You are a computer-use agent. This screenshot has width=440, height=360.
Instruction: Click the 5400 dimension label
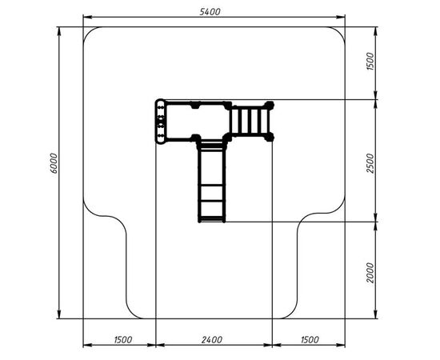(210, 12)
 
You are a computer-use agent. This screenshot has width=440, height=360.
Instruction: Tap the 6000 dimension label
(54, 163)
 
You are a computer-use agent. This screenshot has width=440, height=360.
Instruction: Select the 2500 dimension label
(370, 163)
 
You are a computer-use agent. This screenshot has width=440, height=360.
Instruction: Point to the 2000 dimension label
(370, 273)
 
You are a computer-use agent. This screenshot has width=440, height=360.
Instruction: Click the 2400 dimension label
(212, 340)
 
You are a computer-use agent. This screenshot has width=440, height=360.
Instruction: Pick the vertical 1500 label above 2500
(370, 61)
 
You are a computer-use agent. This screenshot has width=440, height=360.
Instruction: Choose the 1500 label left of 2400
(123, 340)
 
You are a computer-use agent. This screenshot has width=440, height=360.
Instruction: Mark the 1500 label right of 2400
(310, 340)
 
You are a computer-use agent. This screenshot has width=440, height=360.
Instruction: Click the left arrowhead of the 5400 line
(87, 18)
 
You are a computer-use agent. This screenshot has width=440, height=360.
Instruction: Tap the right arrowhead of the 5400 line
(341, 18)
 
